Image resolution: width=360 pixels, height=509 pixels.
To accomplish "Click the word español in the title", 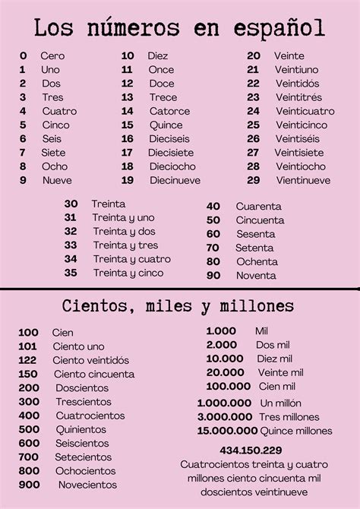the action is coord(281,30).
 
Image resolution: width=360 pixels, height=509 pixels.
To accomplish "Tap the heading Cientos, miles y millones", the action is coord(179,307).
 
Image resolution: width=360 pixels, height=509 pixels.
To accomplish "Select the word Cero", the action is coord(53,56).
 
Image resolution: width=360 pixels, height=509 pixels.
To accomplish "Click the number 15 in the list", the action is coord(128,125).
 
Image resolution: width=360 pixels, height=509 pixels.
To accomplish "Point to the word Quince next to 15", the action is coord(166,125).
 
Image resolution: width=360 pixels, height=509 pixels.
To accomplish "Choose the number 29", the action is coord(253,180).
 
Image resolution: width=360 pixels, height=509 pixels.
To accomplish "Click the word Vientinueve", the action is coord(303,180).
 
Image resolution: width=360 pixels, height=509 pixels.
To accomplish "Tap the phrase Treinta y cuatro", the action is coord(131,259).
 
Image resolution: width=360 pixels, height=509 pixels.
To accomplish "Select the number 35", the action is coord(71,273).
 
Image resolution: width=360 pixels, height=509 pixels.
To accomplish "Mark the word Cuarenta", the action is coord(258,207).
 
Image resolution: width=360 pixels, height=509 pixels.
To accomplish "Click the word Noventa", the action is coord(256,276).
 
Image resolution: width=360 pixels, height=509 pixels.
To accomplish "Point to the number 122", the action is coord(28,360).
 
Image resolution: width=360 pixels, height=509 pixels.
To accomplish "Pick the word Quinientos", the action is coord(81,429).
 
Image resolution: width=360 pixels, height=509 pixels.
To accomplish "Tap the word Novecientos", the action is coord(87,484).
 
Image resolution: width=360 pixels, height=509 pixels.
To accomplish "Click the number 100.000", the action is coord(228,386).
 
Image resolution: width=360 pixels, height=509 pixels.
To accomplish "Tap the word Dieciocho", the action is coord(172,166).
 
